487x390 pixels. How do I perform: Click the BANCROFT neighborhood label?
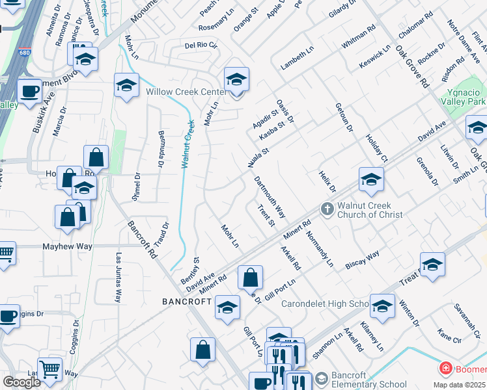coord(184,302)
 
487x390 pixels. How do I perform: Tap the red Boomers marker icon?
coord(445,369)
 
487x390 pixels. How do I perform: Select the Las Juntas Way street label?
coord(118,278)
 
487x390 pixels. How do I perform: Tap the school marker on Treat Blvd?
coord(432,265)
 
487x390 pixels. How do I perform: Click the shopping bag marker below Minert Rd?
coord(250,278)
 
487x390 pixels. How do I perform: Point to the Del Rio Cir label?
coord(201,45)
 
